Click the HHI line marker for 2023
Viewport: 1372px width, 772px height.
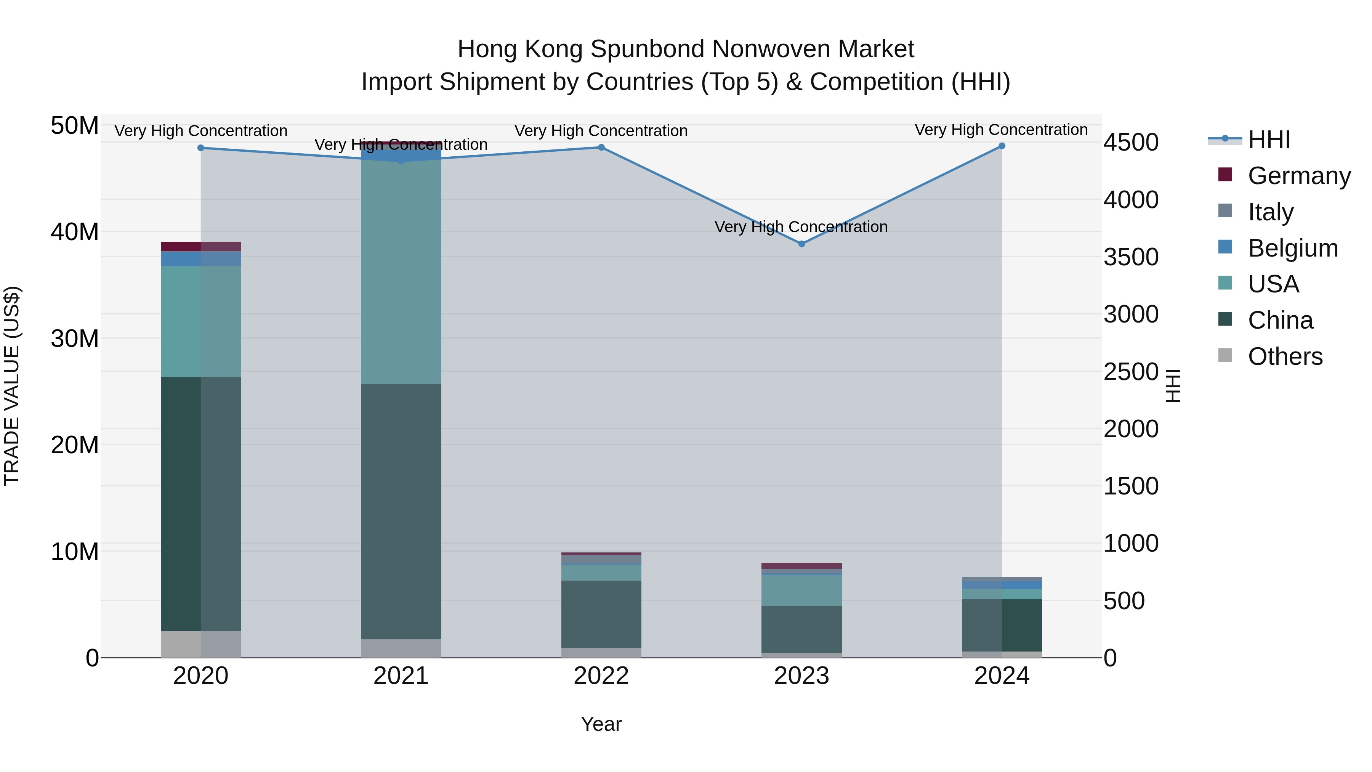coord(801,244)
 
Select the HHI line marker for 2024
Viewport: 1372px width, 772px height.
coord(1002,146)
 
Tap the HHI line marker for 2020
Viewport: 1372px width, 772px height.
coord(201,148)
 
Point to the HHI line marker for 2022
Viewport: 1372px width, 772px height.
coord(601,148)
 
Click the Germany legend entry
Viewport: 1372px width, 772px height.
coord(1298,176)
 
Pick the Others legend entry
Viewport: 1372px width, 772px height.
coord(1285,356)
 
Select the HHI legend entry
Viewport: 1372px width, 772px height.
coord(1269,140)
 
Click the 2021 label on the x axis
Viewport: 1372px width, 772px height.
coord(401,676)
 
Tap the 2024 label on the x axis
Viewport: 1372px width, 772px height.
coord(1002,676)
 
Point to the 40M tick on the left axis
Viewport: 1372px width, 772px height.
coord(75,232)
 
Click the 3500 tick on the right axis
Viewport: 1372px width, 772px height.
coord(1131,257)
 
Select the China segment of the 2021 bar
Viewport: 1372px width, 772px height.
coord(401,512)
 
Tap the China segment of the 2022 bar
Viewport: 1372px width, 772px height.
coord(601,614)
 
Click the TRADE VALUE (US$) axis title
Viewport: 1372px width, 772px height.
coord(12,386)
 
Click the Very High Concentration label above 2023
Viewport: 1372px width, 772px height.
coord(801,227)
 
